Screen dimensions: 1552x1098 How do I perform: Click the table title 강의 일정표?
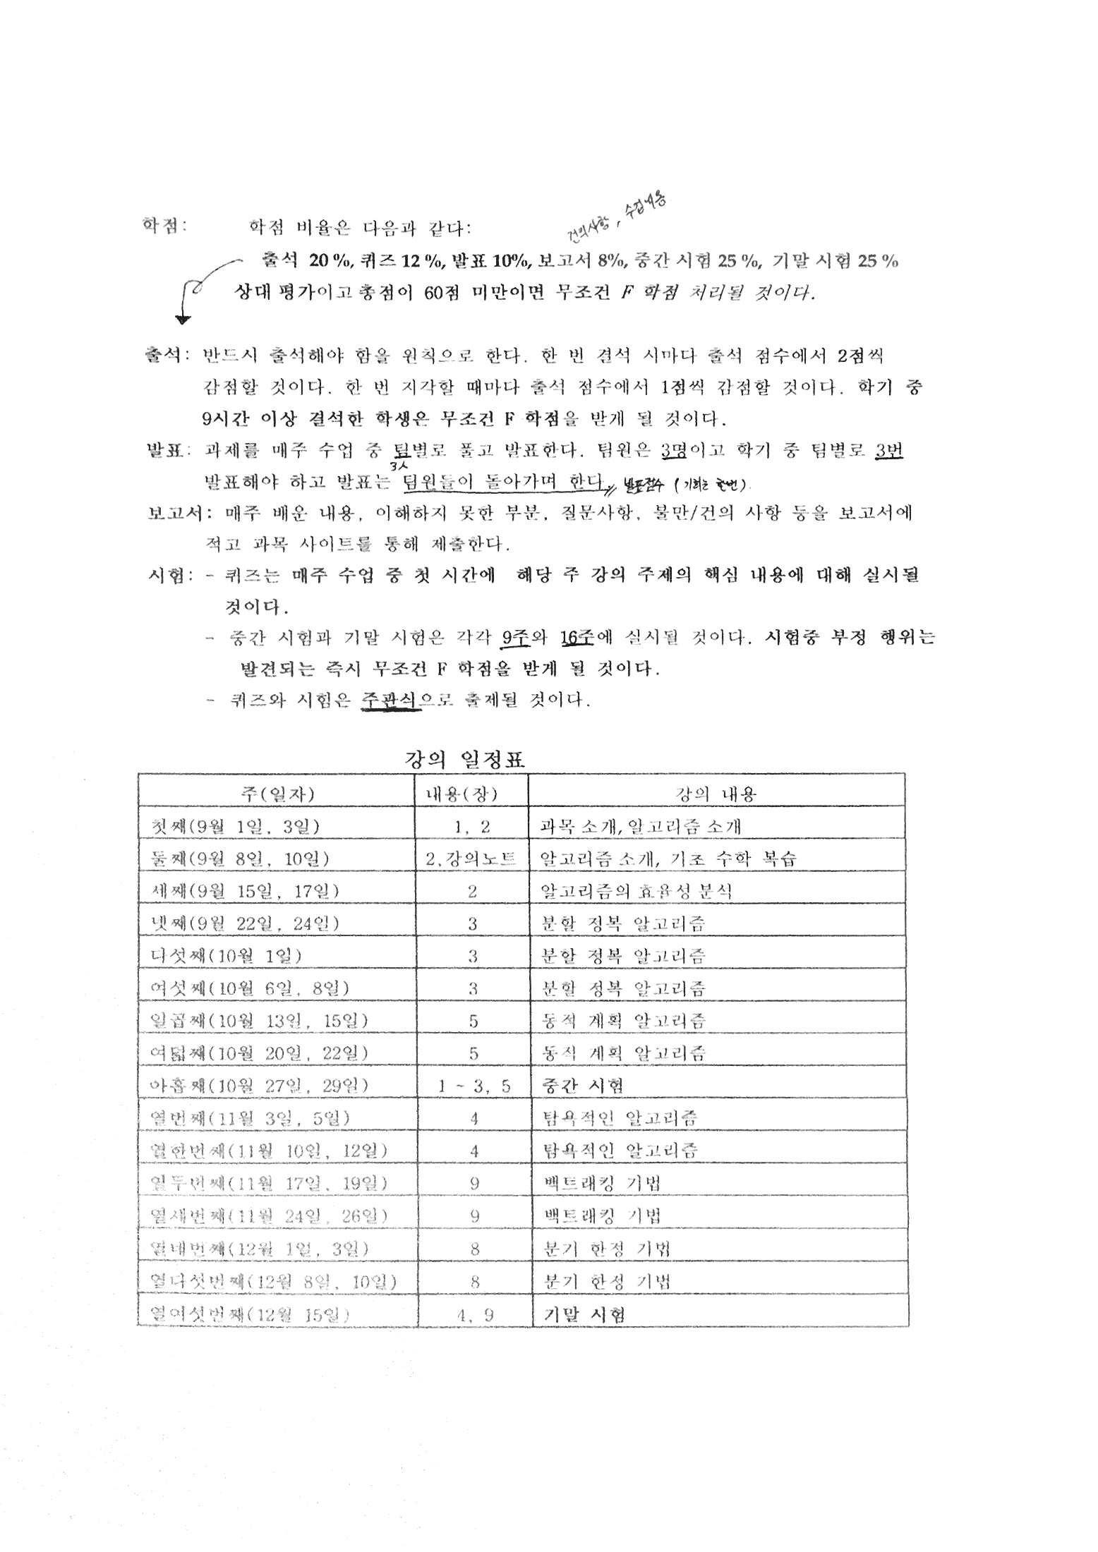pyautogui.click(x=465, y=759)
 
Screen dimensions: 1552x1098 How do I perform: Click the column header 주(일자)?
pyautogui.click(x=277, y=794)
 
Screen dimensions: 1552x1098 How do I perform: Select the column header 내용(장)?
pyautogui.click(x=471, y=794)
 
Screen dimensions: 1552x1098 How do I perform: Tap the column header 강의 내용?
pyautogui.click(x=716, y=794)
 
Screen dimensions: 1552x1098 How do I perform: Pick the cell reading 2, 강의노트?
pyautogui.click(x=471, y=859)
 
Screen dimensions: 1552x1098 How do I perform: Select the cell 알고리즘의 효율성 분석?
pyautogui.click(x=636, y=891)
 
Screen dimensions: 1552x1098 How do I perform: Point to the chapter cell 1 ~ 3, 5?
pyautogui.click(x=473, y=1086)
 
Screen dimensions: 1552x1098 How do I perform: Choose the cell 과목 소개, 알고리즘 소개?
pyautogui.click(x=640, y=826)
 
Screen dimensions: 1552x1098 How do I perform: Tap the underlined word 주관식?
pyautogui.click(x=390, y=699)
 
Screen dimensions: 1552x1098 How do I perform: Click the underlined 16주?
pyautogui.click(x=577, y=637)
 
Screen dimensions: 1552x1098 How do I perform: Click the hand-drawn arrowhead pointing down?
pyautogui.click(x=183, y=320)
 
